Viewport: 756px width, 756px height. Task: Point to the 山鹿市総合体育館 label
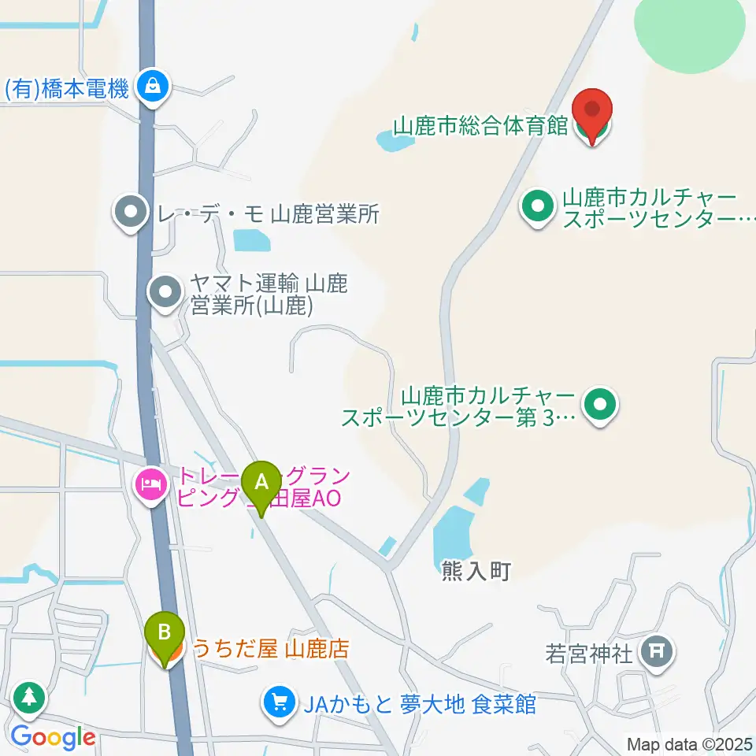click(x=480, y=127)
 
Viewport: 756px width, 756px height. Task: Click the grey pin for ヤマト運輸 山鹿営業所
click(x=165, y=293)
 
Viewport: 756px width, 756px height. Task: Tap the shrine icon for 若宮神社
click(x=656, y=650)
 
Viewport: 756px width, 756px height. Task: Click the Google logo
click(x=53, y=738)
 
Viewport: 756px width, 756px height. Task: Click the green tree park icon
click(x=30, y=696)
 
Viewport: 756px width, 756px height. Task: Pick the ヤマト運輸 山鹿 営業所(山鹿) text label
click(x=269, y=294)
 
